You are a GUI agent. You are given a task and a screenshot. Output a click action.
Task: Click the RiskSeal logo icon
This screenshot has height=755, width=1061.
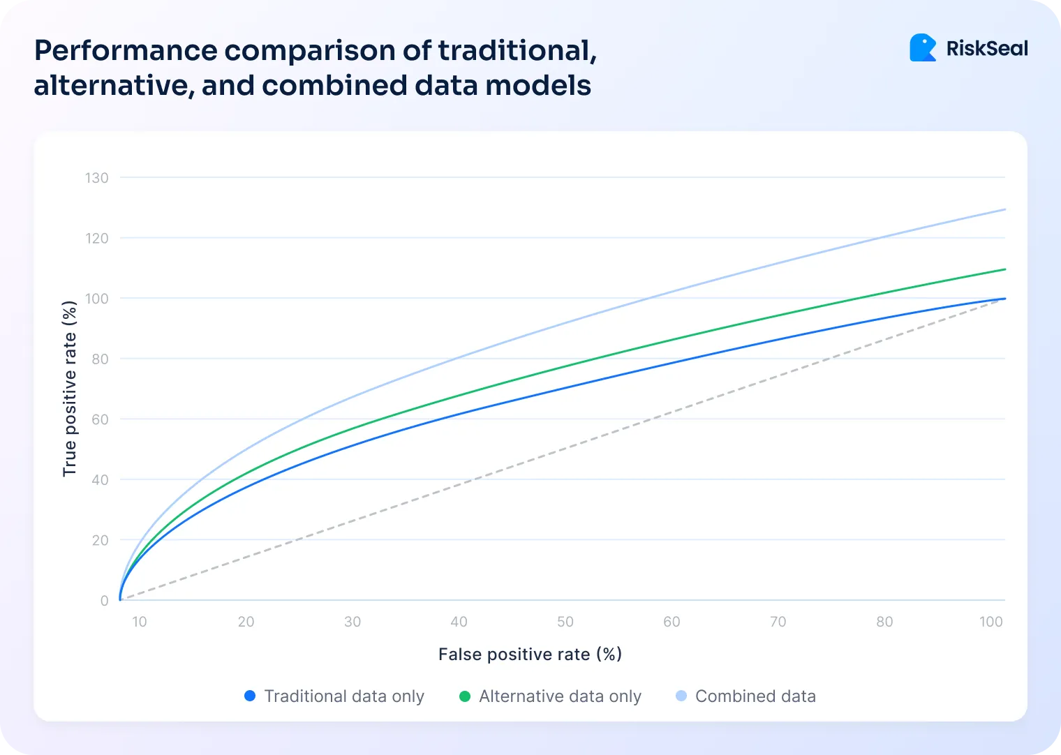pyautogui.click(x=923, y=48)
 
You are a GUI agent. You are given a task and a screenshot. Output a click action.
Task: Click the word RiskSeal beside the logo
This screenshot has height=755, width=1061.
pyautogui.click(x=987, y=49)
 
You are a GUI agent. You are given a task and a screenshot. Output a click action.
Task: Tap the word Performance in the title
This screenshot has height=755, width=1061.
pyautogui.click(x=126, y=51)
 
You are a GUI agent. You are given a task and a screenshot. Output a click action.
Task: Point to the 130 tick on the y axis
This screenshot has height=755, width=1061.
pyautogui.click(x=97, y=178)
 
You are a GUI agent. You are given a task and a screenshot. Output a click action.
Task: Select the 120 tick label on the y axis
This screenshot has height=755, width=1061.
pyautogui.click(x=97, y=239)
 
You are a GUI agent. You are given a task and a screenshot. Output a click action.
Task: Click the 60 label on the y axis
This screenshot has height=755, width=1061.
pyautogui.click(x=100, y=419)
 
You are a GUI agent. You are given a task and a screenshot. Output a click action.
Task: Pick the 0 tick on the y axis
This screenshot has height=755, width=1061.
pyautogui.click(x=105, y=601)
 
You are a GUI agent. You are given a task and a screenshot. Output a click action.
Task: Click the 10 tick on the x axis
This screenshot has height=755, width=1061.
pyautogui.click(x=140, y=622)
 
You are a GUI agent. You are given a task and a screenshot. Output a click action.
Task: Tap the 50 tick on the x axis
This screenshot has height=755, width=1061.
pyautogui.click(x=565, y=622)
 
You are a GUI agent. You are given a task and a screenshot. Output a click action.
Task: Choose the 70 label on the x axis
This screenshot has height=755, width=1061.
pyautogui.click(x=778, y=622)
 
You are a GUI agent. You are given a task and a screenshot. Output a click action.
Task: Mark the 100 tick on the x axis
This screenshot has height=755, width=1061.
pyautogui.click(x=990, y=622)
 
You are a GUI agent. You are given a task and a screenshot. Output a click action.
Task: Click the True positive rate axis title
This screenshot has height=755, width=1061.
pyautogui.click(x=69, y=389)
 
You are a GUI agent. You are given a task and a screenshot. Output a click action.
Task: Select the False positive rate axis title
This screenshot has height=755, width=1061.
pyautogui.click(x=530, y=655)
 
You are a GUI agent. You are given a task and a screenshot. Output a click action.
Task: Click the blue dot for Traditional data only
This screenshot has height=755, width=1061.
pyautogui.click(x=250, y=696)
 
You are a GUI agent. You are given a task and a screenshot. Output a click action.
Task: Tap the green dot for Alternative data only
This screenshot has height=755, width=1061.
pyautogui.click(x=465, y=696)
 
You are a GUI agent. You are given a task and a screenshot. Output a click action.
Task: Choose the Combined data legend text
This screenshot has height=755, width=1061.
pyautogui.click(x=755, y=696)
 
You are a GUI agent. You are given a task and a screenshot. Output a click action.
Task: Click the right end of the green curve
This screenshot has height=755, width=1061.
pyautogui.click(x=1004, y=269)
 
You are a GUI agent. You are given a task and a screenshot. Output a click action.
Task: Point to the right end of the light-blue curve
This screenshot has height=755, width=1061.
pyautogui.click(x=1004, y=209)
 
